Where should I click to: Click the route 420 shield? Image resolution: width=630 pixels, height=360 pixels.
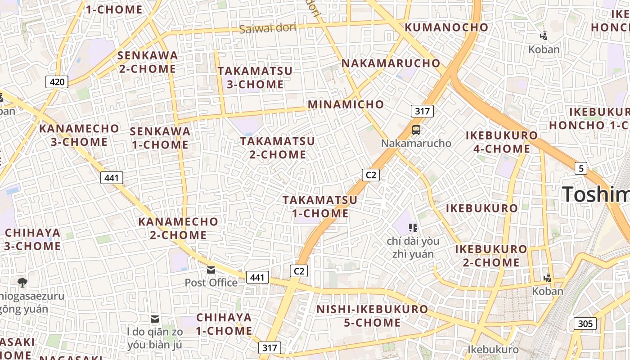pos(57,82)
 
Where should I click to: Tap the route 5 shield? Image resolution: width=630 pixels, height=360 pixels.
pos(581,169)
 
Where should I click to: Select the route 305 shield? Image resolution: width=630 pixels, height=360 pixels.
pos(585,324)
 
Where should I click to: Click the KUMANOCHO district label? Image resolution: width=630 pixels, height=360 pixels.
pos(446,27)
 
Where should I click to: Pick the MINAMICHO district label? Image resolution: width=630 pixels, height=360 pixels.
pos(346,105)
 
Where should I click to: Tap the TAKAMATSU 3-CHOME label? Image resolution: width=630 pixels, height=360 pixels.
pos(255,77)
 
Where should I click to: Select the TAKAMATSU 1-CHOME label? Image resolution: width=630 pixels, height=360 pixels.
pos(320,207)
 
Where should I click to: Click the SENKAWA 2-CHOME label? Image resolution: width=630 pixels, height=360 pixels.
pos(148,62)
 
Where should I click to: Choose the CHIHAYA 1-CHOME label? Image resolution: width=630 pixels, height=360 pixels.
pos(224,324)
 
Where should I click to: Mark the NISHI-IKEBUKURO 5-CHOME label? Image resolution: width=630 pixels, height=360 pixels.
pos(372,316)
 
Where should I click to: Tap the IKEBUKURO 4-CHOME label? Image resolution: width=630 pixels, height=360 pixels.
pos(501,142)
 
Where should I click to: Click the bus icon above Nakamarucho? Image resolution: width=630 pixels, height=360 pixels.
pos(416,130)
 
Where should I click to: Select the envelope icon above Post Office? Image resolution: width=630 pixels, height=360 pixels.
pos(211,270)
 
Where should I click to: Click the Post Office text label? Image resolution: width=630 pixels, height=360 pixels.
pos(211,283)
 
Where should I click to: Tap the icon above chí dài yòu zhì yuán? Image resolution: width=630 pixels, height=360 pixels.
pos(413,228)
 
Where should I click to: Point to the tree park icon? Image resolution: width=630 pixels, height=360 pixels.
pos(22,283)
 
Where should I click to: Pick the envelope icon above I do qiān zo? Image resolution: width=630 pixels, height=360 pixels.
pos(155,319)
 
